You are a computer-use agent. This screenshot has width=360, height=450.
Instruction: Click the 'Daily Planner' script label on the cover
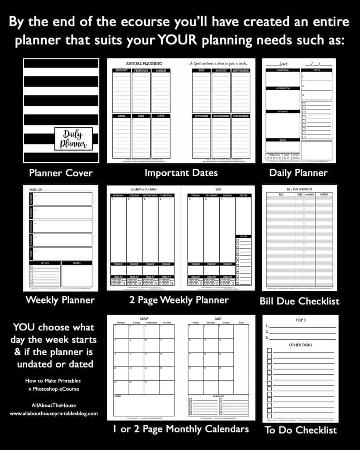(x=73, y=139)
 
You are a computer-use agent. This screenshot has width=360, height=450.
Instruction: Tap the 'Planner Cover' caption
(x=61, y=173)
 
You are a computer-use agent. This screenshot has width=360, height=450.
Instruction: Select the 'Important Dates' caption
(x=181, y=173)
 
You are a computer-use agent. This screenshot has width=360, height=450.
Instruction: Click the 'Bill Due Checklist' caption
(x=299, y=301)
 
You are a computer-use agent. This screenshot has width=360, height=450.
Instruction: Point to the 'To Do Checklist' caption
(x=301, y=430)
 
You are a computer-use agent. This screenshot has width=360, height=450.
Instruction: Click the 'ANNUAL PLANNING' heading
(x=144, y=64)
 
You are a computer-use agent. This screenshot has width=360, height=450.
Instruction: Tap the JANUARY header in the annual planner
(x=121, y=70)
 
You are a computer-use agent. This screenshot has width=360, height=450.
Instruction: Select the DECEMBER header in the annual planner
(x=240, y=116)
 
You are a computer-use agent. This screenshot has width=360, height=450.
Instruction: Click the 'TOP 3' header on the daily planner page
(x=316, y=70)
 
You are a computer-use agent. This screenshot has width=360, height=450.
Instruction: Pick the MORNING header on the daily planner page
(x=283, y=70)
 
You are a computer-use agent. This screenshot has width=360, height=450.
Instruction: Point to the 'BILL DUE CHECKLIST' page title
(x=299, y=189)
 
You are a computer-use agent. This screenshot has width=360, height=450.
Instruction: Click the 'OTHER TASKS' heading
(x=301, y=345)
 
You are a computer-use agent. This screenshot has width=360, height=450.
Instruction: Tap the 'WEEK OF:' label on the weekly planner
(x=36, y=189)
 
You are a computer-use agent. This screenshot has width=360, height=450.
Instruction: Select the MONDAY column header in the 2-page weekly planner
(x=119, y=195)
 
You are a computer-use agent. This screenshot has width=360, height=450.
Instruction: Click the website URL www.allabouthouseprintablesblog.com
(x=54, y=414)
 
